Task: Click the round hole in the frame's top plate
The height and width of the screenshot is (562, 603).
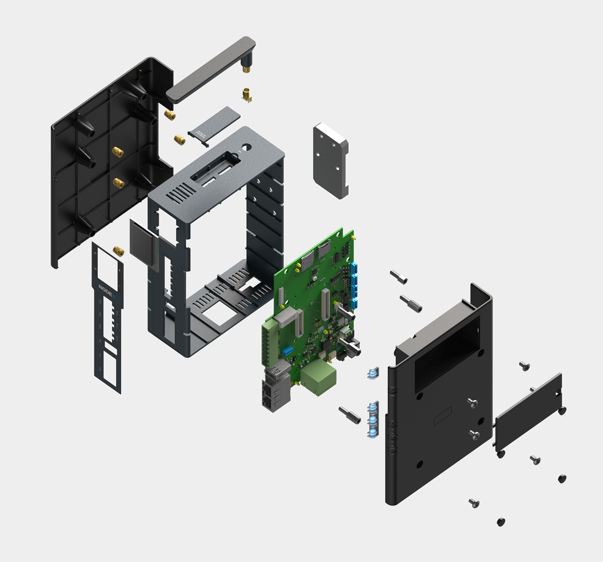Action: pyautogui.click(x=246, y=147)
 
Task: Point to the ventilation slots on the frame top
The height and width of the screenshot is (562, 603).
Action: pyautogui.click(x=178, y=193)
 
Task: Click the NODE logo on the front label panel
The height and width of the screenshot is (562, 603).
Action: pyautogui.click(x=106, y=290)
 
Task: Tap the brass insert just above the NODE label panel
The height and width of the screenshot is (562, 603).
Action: pyautogui.click(x=118, y=251)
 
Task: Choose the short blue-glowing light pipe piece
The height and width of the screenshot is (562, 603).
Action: pyautogui.click(x=373, y=373)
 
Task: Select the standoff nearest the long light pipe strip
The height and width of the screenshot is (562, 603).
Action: pyautogui.click(x=349, y=415)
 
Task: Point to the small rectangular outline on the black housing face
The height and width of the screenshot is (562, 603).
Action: pyautogui.click(x=442, y=415)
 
